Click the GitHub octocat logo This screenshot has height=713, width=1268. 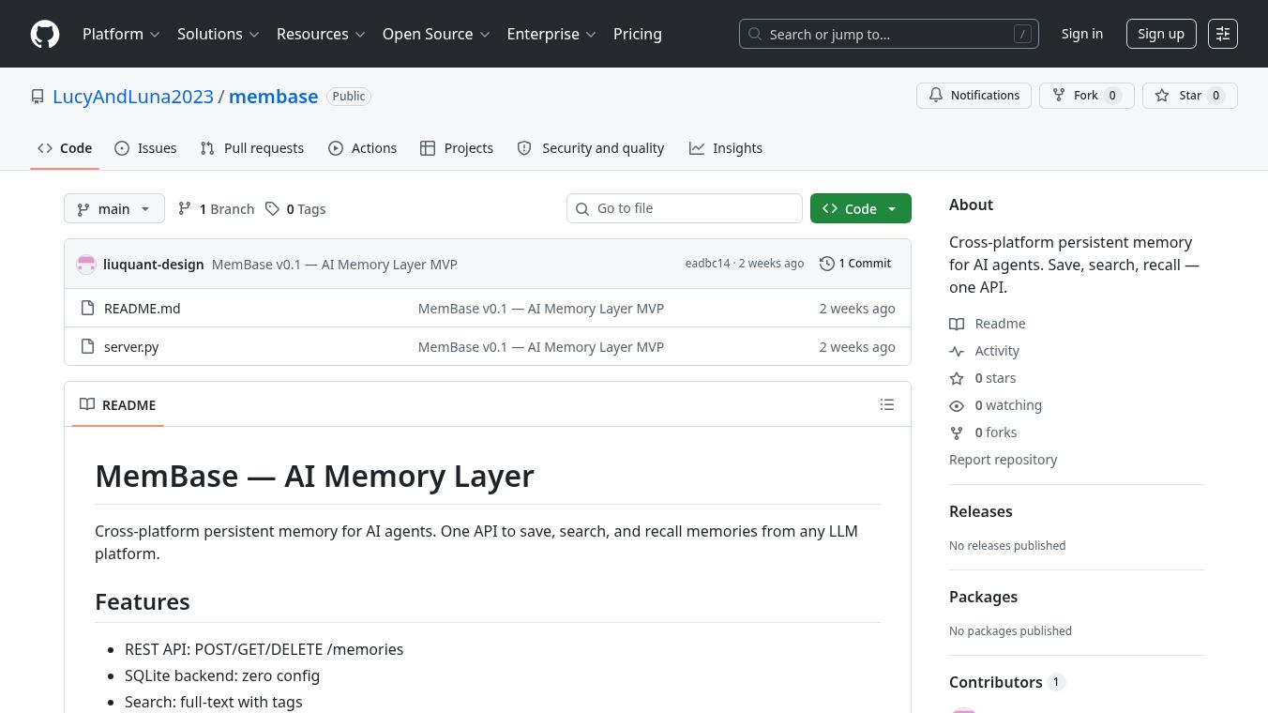(x=45, y=34)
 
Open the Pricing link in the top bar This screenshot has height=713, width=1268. (x=638, y=34)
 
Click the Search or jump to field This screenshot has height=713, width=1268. (x=889, y=34)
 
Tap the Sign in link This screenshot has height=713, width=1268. (x=1081, y=34)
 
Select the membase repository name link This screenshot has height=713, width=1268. (x=274, y=97)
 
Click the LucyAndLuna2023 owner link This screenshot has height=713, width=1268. (x=133, y=97)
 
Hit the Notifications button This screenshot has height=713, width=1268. (x=974, y=95)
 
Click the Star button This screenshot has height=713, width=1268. (x=1190, y=95)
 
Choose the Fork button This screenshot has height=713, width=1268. (x=1086, y=95)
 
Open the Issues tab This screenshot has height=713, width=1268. (x=145, y=148)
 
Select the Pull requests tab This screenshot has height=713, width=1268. (x=252, y=148)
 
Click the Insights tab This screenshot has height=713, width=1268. (x=725, y=148)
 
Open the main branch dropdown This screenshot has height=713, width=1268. (x=114, y=208)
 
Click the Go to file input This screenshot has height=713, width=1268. (x=685, y=208)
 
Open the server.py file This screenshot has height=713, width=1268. (x=131, y=347)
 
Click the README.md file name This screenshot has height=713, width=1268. (x=142, y=309)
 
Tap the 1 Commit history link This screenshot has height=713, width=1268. (x=854, y=264)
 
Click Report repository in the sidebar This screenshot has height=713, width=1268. (x=1004, y=460)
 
